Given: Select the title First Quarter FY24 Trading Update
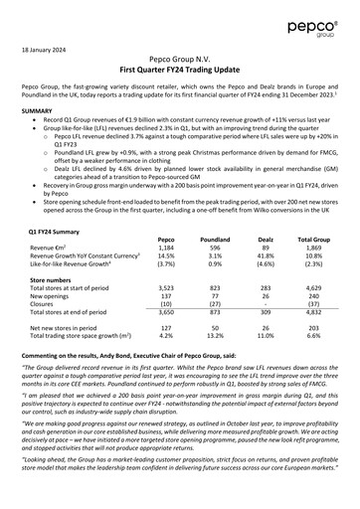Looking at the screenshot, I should (x=179, y=72).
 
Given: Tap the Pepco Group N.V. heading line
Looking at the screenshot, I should (x=179, y=61).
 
